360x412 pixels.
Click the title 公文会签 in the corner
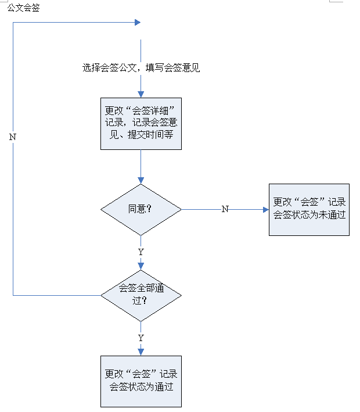click(x=24, y=8)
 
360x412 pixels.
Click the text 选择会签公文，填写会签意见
click(x=141, y=68)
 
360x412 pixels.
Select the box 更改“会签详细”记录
click(x=141, y=124)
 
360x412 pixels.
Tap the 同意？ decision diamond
click(x=141, y=209)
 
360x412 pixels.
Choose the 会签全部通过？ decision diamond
click(x=141, y=295)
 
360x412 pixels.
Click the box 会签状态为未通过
click(x=309, y=209)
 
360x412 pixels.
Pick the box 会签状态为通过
click(x=141, y=381)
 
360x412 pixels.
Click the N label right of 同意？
click(x=225, y=209)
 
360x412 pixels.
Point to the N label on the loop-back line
click(x=13, y=137)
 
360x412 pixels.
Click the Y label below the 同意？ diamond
click(x=141, y=252)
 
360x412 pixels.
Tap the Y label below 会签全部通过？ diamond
click(x=141, y=338)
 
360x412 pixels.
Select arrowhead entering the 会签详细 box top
click(x=141, y=94)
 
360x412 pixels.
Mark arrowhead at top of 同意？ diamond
click(x=141, y=181)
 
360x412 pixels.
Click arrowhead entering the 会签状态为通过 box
click(x=141, y=352)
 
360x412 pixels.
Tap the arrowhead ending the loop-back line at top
click(x=138, y=23)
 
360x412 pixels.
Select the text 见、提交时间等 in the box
click(x=141, y=134)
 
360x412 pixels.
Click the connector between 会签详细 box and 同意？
click(x=141, y=166)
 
